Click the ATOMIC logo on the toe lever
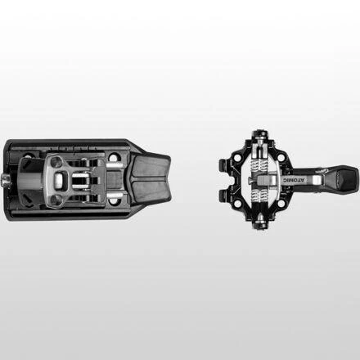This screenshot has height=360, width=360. pyautogui.click(x=295, y=180)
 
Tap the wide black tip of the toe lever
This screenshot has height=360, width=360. pyautogui.click(x=346, y=178)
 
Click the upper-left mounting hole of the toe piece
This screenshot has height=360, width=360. pyautogui.click(x=237, y=157)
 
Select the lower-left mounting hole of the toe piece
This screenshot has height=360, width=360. pyautogui.click(x=237, y=203)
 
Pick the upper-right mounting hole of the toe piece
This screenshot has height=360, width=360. pyautogui.click(x=281, y=157)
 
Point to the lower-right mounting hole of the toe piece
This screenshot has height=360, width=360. pyautogui.click(x=281, y=203)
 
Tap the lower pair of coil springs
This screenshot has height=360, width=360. pyautogui.click(x=259, y=196)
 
